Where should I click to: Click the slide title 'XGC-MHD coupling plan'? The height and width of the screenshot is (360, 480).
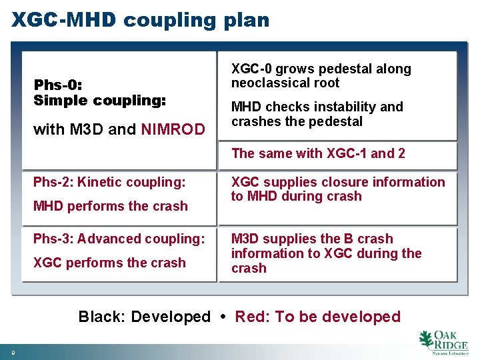140,20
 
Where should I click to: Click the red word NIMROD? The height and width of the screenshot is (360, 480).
173,129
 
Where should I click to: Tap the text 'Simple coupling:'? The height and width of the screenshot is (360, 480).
99,101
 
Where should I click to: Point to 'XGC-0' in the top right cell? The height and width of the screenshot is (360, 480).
251,69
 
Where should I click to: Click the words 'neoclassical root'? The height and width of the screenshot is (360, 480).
285,83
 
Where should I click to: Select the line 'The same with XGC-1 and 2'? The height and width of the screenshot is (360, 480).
318,153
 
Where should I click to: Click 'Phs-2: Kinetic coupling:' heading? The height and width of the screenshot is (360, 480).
109,182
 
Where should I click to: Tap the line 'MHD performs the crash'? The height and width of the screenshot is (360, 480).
110,206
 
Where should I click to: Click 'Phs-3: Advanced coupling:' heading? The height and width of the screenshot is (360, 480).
119,239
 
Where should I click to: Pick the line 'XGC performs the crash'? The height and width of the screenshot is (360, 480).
109,263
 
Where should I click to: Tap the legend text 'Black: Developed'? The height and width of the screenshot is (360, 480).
144,317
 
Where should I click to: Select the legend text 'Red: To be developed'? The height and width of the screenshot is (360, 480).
318,317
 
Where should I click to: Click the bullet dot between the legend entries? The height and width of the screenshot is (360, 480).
223,317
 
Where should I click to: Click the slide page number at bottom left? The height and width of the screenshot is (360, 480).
13,351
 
